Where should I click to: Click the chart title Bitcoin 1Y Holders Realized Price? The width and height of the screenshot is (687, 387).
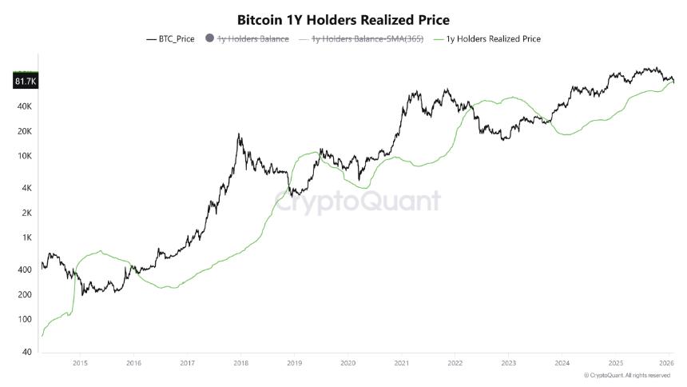pyautogui.click(x=343, y=19)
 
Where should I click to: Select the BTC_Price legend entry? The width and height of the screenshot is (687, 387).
pyautogui.click(x=170, y=38)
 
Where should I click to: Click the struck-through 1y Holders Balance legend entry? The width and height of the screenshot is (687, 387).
pyautogui.click(x=248, y=38)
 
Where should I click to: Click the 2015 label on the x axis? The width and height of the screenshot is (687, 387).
pyautogui.click(x=79, y=362)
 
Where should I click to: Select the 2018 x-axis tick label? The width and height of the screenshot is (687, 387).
pyautogui.click(x=240, y=362)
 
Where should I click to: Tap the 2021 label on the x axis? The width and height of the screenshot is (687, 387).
pyautogui.click(x=402, y=362)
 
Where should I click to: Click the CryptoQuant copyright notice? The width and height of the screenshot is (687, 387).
pyautogui.click(x=627, y=375)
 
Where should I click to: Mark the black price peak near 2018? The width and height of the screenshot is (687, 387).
pyautogui.click(x=239, y=134)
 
